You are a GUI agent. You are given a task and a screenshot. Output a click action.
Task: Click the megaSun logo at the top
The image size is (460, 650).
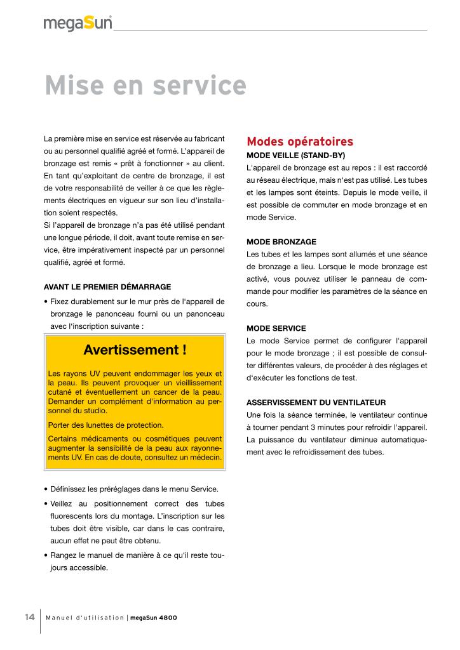78,23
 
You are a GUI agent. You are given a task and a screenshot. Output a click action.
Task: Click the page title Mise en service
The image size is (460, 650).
145,86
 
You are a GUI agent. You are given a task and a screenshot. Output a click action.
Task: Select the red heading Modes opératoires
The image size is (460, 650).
300,141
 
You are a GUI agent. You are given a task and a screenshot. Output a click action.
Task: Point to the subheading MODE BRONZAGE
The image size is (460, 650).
281,242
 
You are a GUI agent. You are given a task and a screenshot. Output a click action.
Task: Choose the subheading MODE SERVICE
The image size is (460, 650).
276,328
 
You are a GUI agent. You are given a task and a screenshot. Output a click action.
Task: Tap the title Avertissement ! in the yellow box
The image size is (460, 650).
135,350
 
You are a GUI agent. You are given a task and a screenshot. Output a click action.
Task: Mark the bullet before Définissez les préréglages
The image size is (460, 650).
46,489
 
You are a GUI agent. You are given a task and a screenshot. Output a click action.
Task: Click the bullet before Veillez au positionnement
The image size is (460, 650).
46,504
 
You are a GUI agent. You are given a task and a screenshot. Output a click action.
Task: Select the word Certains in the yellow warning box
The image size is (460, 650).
64,439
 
